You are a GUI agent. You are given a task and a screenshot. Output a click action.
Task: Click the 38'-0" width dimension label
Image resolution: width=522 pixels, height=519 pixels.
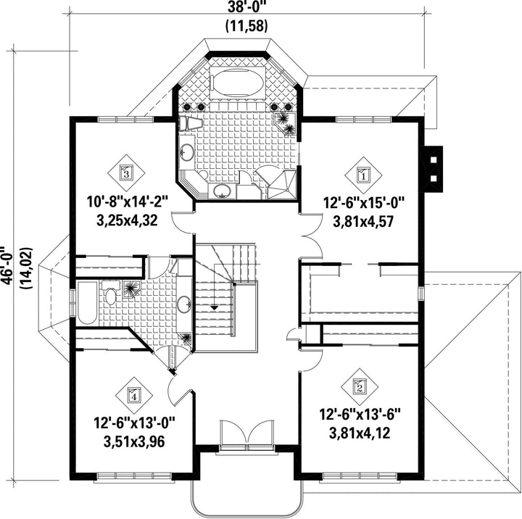coord(246,7)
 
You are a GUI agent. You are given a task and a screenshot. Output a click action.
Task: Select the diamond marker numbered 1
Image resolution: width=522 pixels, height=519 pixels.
coord(363,175)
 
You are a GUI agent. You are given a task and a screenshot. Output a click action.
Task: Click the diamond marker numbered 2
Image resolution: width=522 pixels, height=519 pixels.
coord(360,386)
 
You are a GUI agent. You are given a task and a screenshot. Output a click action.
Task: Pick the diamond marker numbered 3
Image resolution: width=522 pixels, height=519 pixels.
coord(126,173)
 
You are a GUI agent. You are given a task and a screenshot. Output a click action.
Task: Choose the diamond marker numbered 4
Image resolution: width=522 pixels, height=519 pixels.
coord(134,396)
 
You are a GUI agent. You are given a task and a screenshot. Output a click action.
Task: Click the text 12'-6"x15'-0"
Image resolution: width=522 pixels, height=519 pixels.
coord(363,203)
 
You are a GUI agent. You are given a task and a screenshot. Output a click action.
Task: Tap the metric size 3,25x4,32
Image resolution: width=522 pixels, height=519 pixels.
coord(127,220)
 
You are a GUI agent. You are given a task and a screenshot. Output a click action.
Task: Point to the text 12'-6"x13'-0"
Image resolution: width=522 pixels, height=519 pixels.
coord(134,423)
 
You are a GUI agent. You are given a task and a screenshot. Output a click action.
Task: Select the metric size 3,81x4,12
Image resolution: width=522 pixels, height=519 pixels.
coord(360,433)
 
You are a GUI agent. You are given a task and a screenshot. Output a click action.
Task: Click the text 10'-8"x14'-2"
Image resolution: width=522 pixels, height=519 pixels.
coord(127,202)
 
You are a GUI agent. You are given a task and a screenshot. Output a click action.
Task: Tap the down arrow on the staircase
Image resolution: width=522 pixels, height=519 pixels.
coord(215,308)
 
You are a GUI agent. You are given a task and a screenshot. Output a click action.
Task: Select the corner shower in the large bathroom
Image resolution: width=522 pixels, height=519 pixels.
coord(282,185)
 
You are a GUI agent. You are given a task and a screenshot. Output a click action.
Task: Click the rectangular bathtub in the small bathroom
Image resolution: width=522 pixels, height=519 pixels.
coord(87,303)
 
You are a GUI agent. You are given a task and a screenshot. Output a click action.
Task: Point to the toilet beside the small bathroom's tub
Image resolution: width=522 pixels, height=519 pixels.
coord(110,293)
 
